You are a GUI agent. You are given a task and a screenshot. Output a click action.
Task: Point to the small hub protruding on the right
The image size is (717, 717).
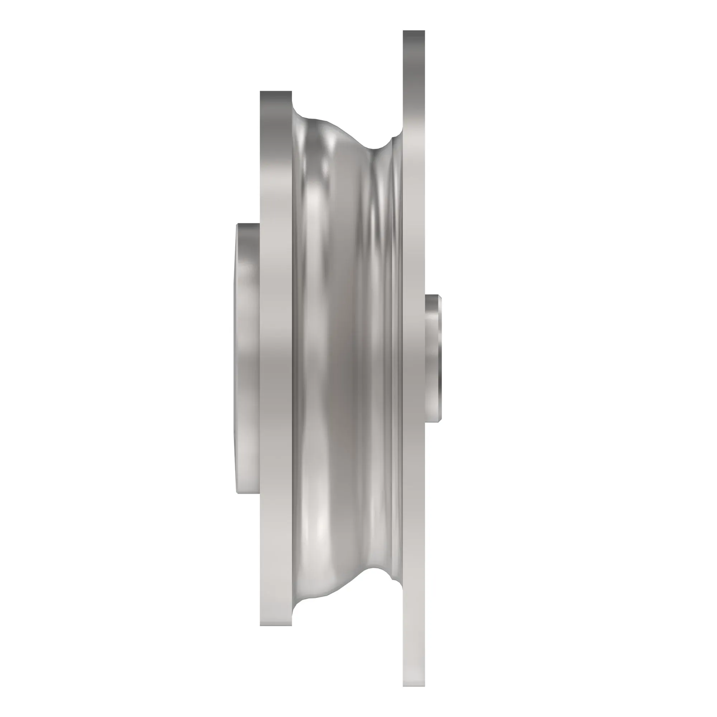(x=432, y=358)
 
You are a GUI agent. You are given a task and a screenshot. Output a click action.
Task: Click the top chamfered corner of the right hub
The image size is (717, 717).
(x=439, y=297)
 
